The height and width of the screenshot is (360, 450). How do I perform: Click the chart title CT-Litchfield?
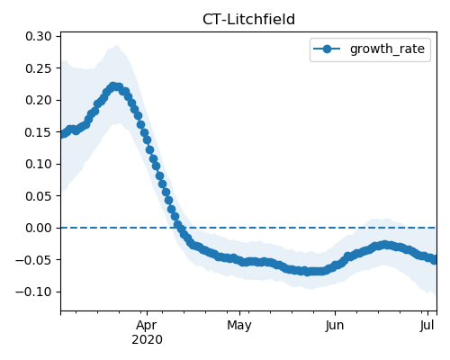pyautogui.click(x=248, y=20)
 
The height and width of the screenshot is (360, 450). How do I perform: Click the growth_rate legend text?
pyautogui.click(x=387, y=49)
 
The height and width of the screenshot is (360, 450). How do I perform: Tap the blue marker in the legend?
pyautogui.click(x=327, y=49)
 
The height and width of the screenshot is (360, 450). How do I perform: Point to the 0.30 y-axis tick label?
pyautogui.click(x=39, y=36)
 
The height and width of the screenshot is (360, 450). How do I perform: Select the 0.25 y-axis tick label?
pyautogui.click(x=39, y=68)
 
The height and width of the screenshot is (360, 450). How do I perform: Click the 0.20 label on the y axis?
pyautogui.click(x=39, y=100)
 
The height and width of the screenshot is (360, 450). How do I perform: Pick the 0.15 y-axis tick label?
pyautogui.click(x=39, y=132)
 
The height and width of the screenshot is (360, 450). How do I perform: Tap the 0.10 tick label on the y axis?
pyautogui.click(x=39, y=164)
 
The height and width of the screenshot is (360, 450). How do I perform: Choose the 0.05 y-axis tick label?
pyautogui.click(x=39, y=196)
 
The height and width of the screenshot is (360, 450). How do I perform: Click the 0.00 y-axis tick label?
pyautogui.click(x=39, y=228)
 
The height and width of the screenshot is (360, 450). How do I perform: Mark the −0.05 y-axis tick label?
pyautogui.click(x=33, y=260)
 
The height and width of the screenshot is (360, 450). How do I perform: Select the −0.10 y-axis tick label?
pyautogui.click(x=33, y=292)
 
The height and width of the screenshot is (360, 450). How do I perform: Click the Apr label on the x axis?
pyautogui.click(x=147, y=326)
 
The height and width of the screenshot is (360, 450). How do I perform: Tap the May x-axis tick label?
pyautogui.click(x=239, y=326)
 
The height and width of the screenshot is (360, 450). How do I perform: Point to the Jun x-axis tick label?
pyautogui.click(x=335, y=325)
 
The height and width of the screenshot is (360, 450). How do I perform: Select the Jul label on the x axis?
pyautogui.click(x=427, y=325)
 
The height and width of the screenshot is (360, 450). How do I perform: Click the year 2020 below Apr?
pyautogui.click(x=147, y=340)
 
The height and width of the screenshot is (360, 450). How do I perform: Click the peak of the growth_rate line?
pyautogui.click(x=113, y=86)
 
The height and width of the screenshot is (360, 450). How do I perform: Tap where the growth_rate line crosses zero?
pyautogui.click(x=179, y=228)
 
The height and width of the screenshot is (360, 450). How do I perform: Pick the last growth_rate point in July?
pyautogui.click(x=434, y=260)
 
